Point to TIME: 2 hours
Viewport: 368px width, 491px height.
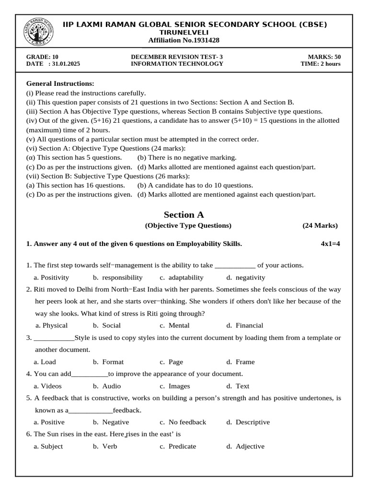(321, 64)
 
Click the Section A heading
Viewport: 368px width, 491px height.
(184, 215)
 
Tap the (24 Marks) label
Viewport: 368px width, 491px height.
(320, 225)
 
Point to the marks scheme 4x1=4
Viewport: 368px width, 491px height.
(330, 244)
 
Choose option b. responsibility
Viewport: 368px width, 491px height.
(118, 277)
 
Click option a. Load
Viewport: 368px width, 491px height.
(45, 362)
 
